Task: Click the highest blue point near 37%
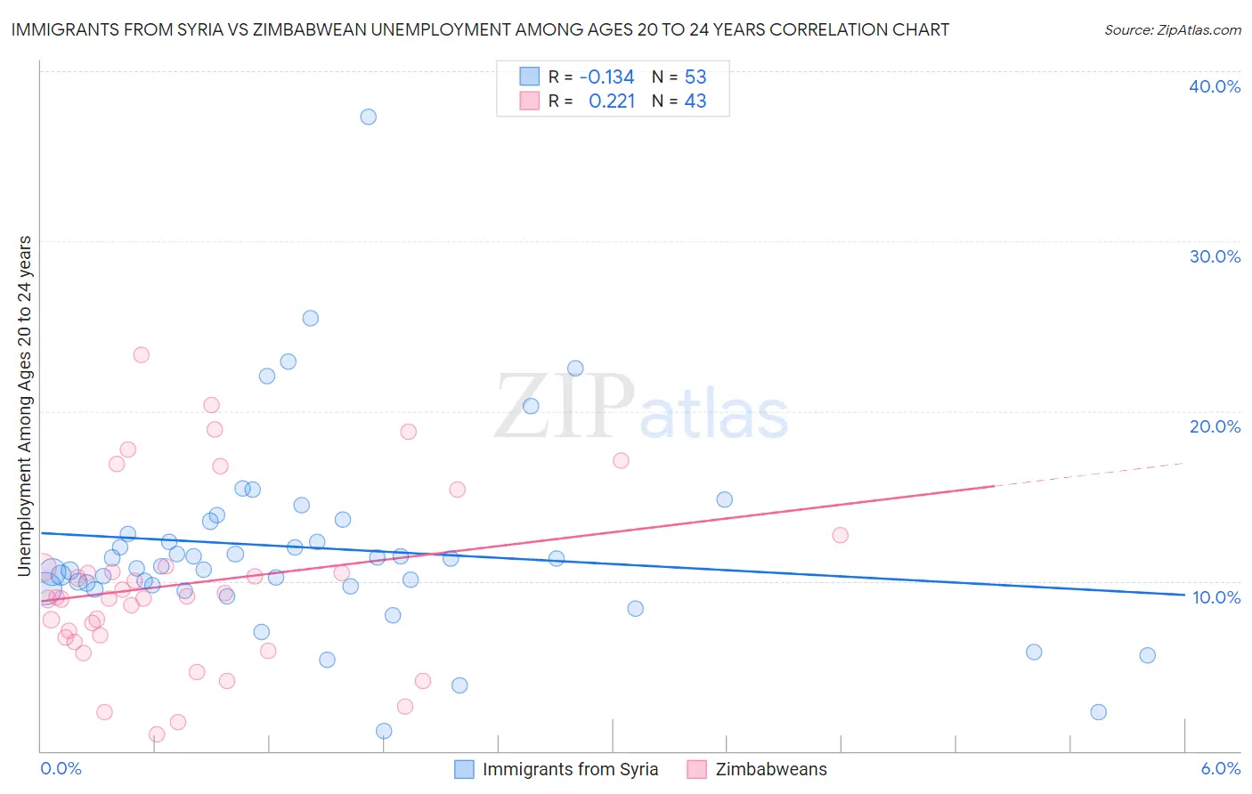pos(368,117)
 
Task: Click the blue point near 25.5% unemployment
pos(310,318)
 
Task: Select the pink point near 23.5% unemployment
pos(141,354)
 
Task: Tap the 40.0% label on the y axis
pos(1215,86)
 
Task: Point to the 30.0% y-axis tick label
pos(1215,256)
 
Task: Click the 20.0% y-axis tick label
pos(1215,426)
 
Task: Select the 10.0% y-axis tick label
pos(1216,597)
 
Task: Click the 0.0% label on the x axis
pos(61,768)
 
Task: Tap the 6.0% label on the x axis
pos(1220,768)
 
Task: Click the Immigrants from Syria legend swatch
pos(464,769)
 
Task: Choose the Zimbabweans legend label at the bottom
pos(771,769)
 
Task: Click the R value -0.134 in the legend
pos(606,77)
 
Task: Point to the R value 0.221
pos(612,101)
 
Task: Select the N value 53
pos(695,77)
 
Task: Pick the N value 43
pos(695,101)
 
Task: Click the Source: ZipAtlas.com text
pos(1172,29)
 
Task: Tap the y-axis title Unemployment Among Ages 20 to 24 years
pos(24,405)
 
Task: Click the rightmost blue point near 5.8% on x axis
pos(1147,655)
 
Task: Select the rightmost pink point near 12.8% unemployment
pos(840,535)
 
